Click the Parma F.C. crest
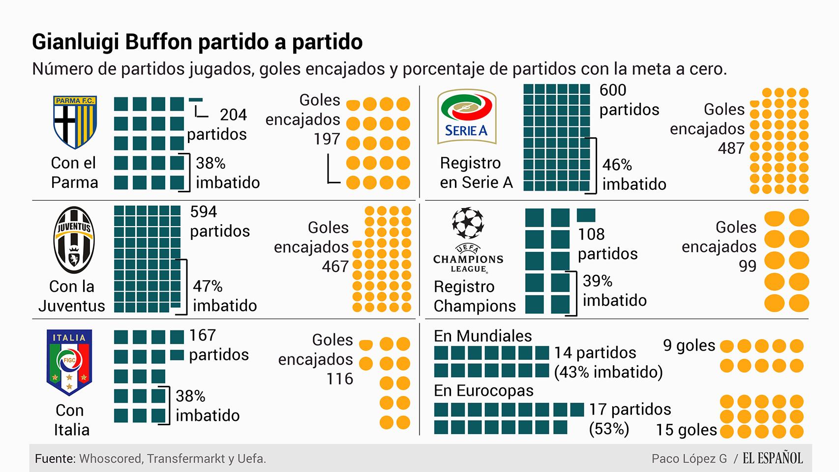coord(75,122)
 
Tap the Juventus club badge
coord(74,240)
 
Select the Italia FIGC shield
coord(69,362)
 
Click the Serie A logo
coord(466,117)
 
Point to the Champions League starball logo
coord(468,223)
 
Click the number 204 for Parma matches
coord(233,115)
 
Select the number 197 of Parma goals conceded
coord(327,139)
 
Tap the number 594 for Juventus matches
coord(204,212)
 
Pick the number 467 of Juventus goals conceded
coord(335,267)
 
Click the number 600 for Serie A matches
coord(613,90)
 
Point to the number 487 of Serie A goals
coord(731,148)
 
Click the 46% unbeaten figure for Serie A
coord(617,165)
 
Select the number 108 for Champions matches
coord(591,235)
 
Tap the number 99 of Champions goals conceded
coord(747,266)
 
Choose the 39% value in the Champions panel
coord(598,281)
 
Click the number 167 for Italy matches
coord(203,335)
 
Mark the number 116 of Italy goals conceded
coord(340,379)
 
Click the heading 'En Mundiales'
coord(482,336)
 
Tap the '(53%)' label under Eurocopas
coord(609,429)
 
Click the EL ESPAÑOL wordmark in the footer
coord(772,459)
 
